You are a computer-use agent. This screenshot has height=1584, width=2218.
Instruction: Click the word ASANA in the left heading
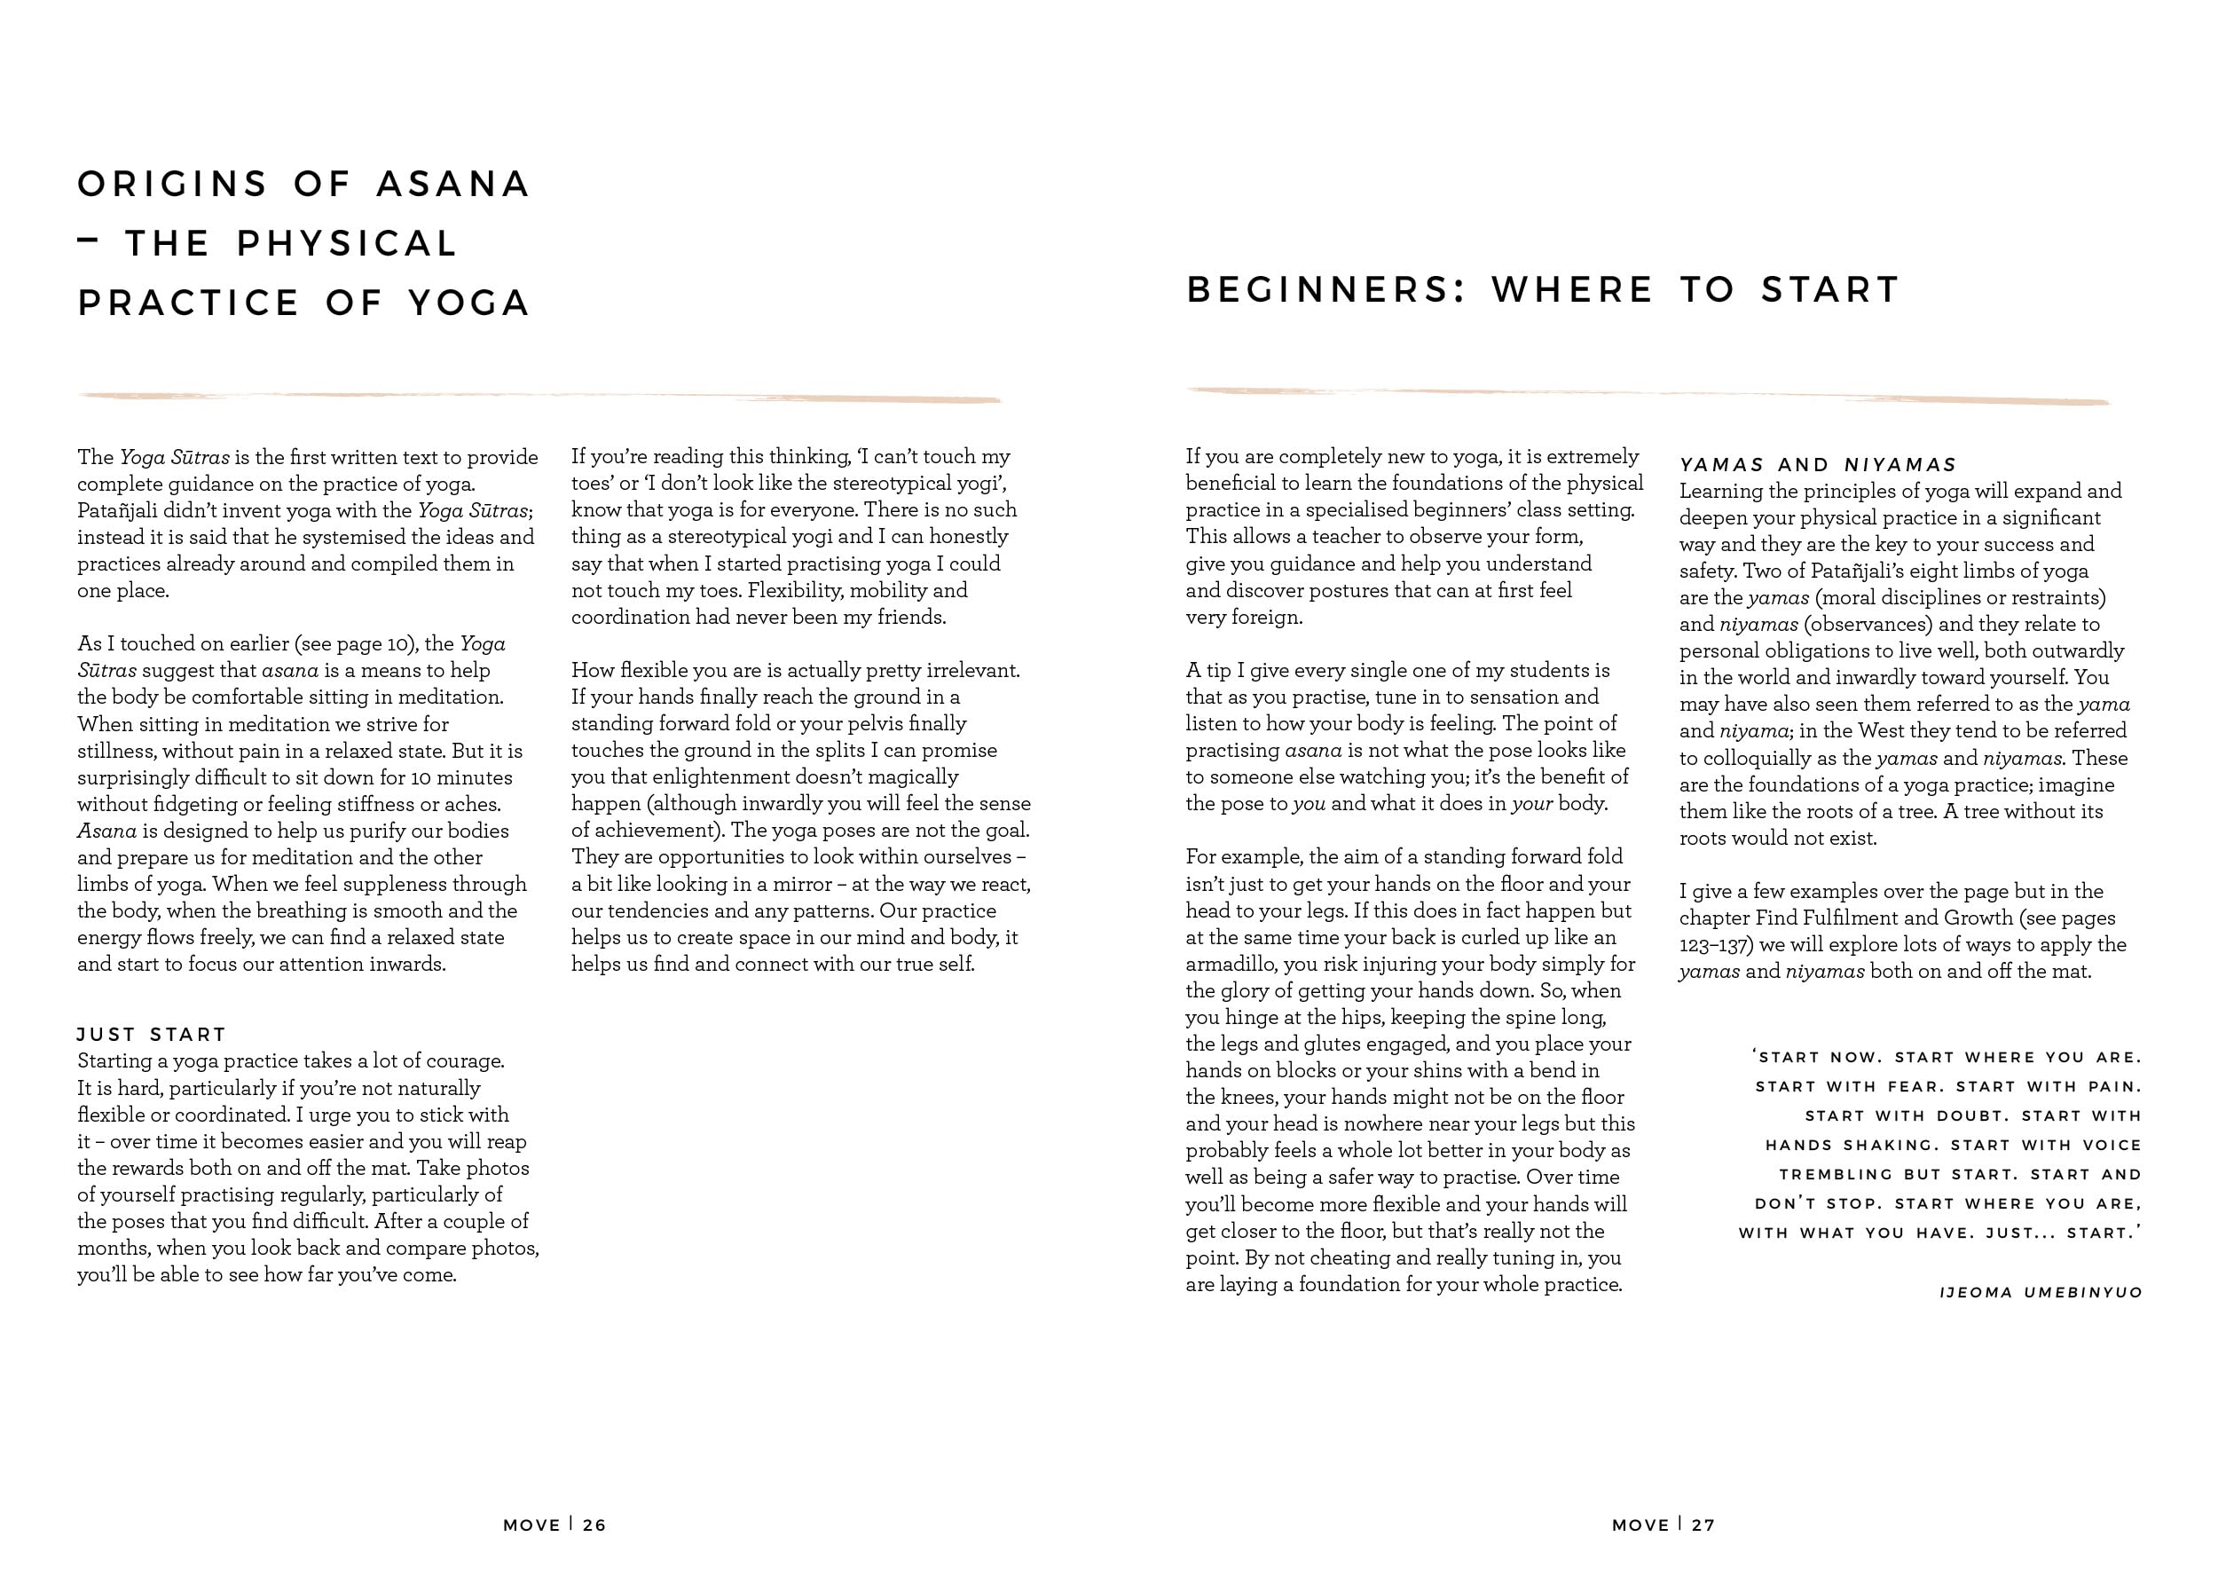[x=453, y=185]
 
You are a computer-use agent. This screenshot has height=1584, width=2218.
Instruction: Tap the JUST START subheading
[x=152, y=1034]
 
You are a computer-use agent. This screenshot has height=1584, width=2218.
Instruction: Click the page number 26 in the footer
[x=594, y=1525]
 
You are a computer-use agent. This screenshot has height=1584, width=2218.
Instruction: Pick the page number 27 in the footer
[x=1703, y=1525]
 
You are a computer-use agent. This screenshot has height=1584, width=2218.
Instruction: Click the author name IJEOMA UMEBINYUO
[x=2041, y=1292]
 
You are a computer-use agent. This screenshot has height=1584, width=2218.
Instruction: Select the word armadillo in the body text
[x=1233, y=964]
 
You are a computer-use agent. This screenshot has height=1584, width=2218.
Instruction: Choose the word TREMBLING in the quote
[x=1822, y=1174]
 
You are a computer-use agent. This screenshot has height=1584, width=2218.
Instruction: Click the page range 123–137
[x=1714, y=944]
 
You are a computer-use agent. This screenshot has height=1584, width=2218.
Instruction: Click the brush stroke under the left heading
[x=539, y=397]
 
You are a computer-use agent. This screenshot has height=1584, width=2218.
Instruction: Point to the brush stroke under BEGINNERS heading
[x=1648, y=395]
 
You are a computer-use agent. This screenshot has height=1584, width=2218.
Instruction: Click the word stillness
[x=116, y=751]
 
